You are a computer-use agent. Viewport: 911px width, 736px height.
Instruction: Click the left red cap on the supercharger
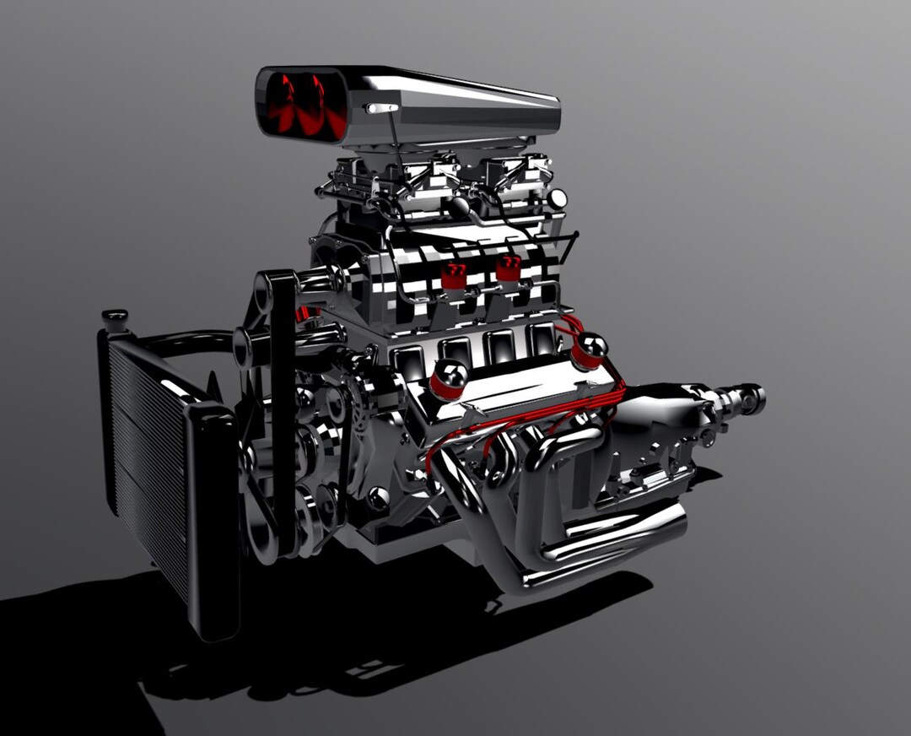454,274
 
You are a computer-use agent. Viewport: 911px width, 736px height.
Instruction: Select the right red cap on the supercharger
508,268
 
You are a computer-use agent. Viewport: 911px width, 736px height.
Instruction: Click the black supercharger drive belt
283,405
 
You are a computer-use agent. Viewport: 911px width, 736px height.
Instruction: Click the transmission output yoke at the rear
746,398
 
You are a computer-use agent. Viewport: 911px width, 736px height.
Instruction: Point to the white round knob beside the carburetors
557,199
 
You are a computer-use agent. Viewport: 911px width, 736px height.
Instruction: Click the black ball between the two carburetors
460,206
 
